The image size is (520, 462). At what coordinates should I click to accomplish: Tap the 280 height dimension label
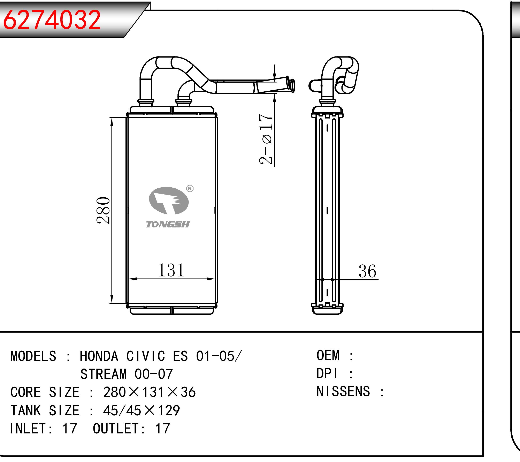point(103,210)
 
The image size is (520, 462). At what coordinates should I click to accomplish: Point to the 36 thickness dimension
point(367,271)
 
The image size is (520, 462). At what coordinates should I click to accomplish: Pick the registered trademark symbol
point(190,189)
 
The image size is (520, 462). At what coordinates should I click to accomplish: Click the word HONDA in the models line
point(99,356)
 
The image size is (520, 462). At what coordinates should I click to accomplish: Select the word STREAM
point(104,374)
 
